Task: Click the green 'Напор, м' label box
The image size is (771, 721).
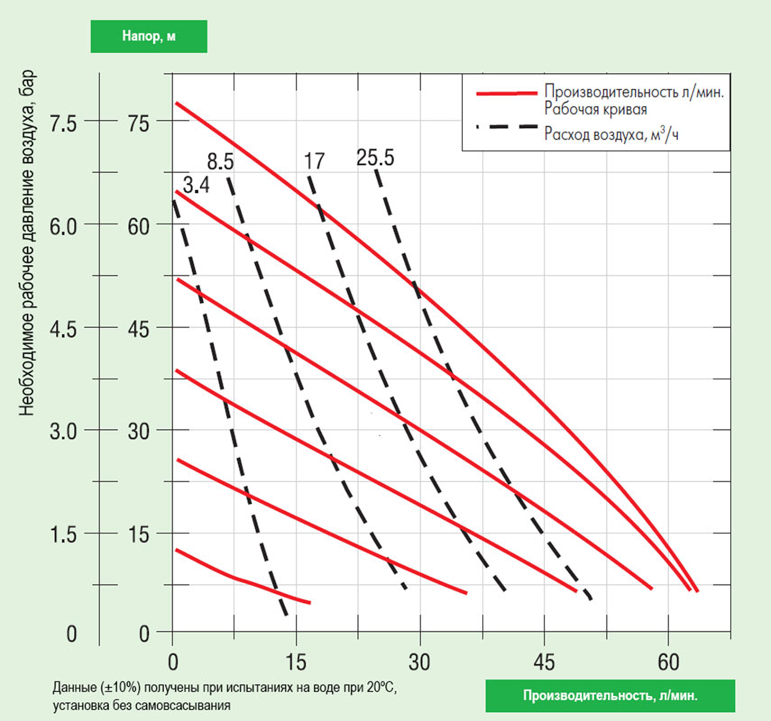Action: click(x=149, y=36)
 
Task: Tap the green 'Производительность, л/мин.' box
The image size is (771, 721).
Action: click(x=610, y=696)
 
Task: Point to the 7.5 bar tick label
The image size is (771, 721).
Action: click(x=66, y=122)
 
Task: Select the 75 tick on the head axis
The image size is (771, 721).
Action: click(x=134, y=122)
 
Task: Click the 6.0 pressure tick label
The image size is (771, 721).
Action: click(x=66, y=224)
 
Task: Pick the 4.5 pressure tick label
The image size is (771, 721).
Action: click(x=66, y=328)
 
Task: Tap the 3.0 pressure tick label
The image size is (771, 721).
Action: click(x=66, y=431)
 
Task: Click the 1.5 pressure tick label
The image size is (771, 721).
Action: click(x=66, y=534)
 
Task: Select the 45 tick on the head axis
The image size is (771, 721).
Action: click(x=134, y=328)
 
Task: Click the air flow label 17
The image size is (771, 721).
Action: click(x=314, y=162)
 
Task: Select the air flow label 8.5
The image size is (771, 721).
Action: click(x=220, y=162)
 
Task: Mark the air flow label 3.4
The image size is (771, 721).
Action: click(x=196, y=186)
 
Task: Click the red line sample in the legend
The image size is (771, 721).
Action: click(x=505, y=92)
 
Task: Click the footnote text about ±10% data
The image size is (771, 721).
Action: click(x=225, y=695)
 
